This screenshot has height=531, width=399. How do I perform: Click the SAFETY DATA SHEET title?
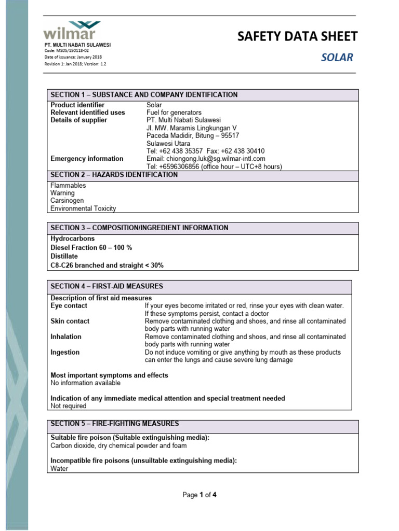pos(297,36)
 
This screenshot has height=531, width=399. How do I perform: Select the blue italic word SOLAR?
pos(337,57)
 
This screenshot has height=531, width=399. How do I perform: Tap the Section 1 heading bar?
pos(144,95)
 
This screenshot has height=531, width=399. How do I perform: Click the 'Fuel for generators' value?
pos(174,113)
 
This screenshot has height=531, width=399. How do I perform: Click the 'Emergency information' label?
pos(87,159)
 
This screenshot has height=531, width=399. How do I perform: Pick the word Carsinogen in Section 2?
pos(67,201)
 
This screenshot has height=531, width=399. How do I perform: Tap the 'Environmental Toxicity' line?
pos(83,208)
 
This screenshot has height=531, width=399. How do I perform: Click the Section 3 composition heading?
pos(139,228)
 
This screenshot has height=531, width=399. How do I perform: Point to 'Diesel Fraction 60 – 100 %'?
pos(91,247)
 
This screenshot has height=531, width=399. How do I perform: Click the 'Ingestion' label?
pos(65,352)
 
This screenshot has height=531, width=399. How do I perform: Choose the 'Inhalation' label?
pos(65,337)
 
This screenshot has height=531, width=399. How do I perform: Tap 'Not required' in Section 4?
pos(68,406)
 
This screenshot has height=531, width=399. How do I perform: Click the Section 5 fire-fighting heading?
pos(115,424)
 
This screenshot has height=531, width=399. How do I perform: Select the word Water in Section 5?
pos(59,468)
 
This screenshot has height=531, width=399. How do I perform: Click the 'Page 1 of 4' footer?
pos(199,495)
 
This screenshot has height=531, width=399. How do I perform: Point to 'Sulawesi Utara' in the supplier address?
pos(168,143)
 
